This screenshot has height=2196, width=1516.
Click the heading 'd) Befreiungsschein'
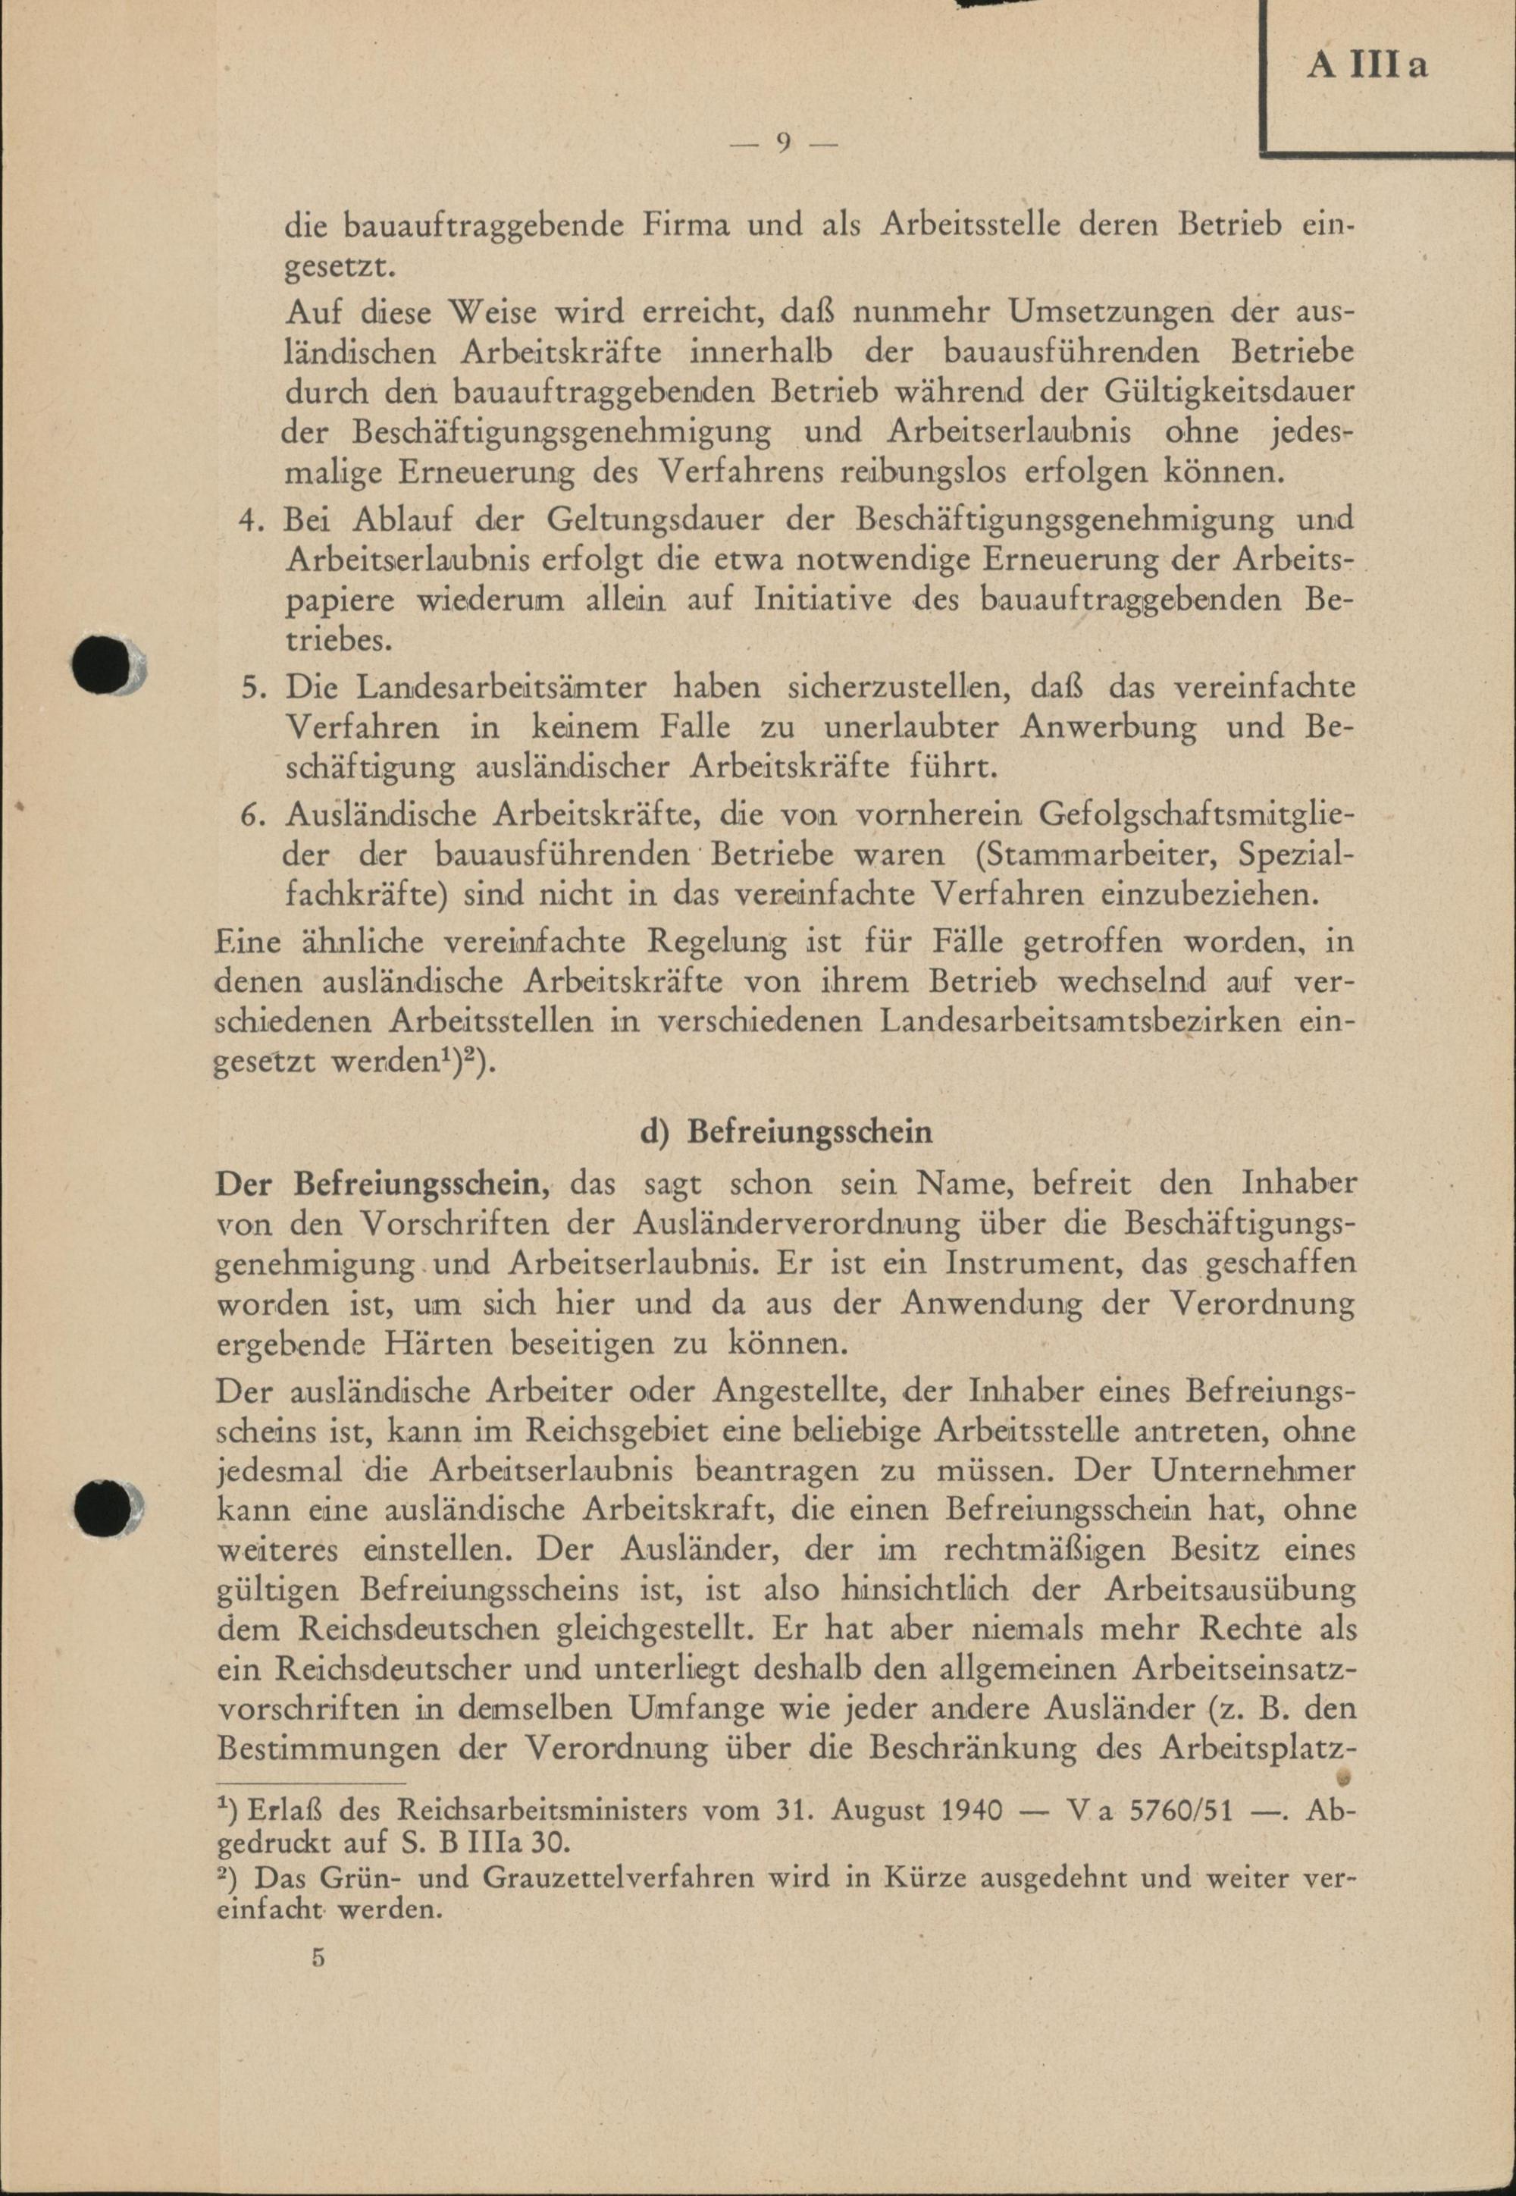pos(787,1133)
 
